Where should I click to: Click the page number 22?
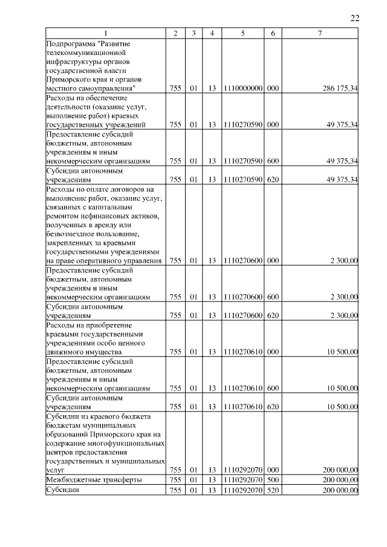pyautogui.click(x=355, y=18)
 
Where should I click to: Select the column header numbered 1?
pyautogui.click(x=106, y=33)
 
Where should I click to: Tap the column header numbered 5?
pyautogui.click(x=242, y=33)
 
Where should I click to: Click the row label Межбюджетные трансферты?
pyautogui.click(x=94, y=479)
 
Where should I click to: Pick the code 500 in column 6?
pyautogui.click(x=273, y=479)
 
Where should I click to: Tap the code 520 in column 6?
pyautogui.click(x=273, y=490)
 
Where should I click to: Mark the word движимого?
pyautogui.click(x=63, y=351)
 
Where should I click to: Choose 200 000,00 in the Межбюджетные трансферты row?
pyautogui.click(x=340, y=479)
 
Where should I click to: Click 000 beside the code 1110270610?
pyautogui.click(x=273, y=351)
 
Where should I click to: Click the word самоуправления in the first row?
pyautogui.click(x=103, y=89)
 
